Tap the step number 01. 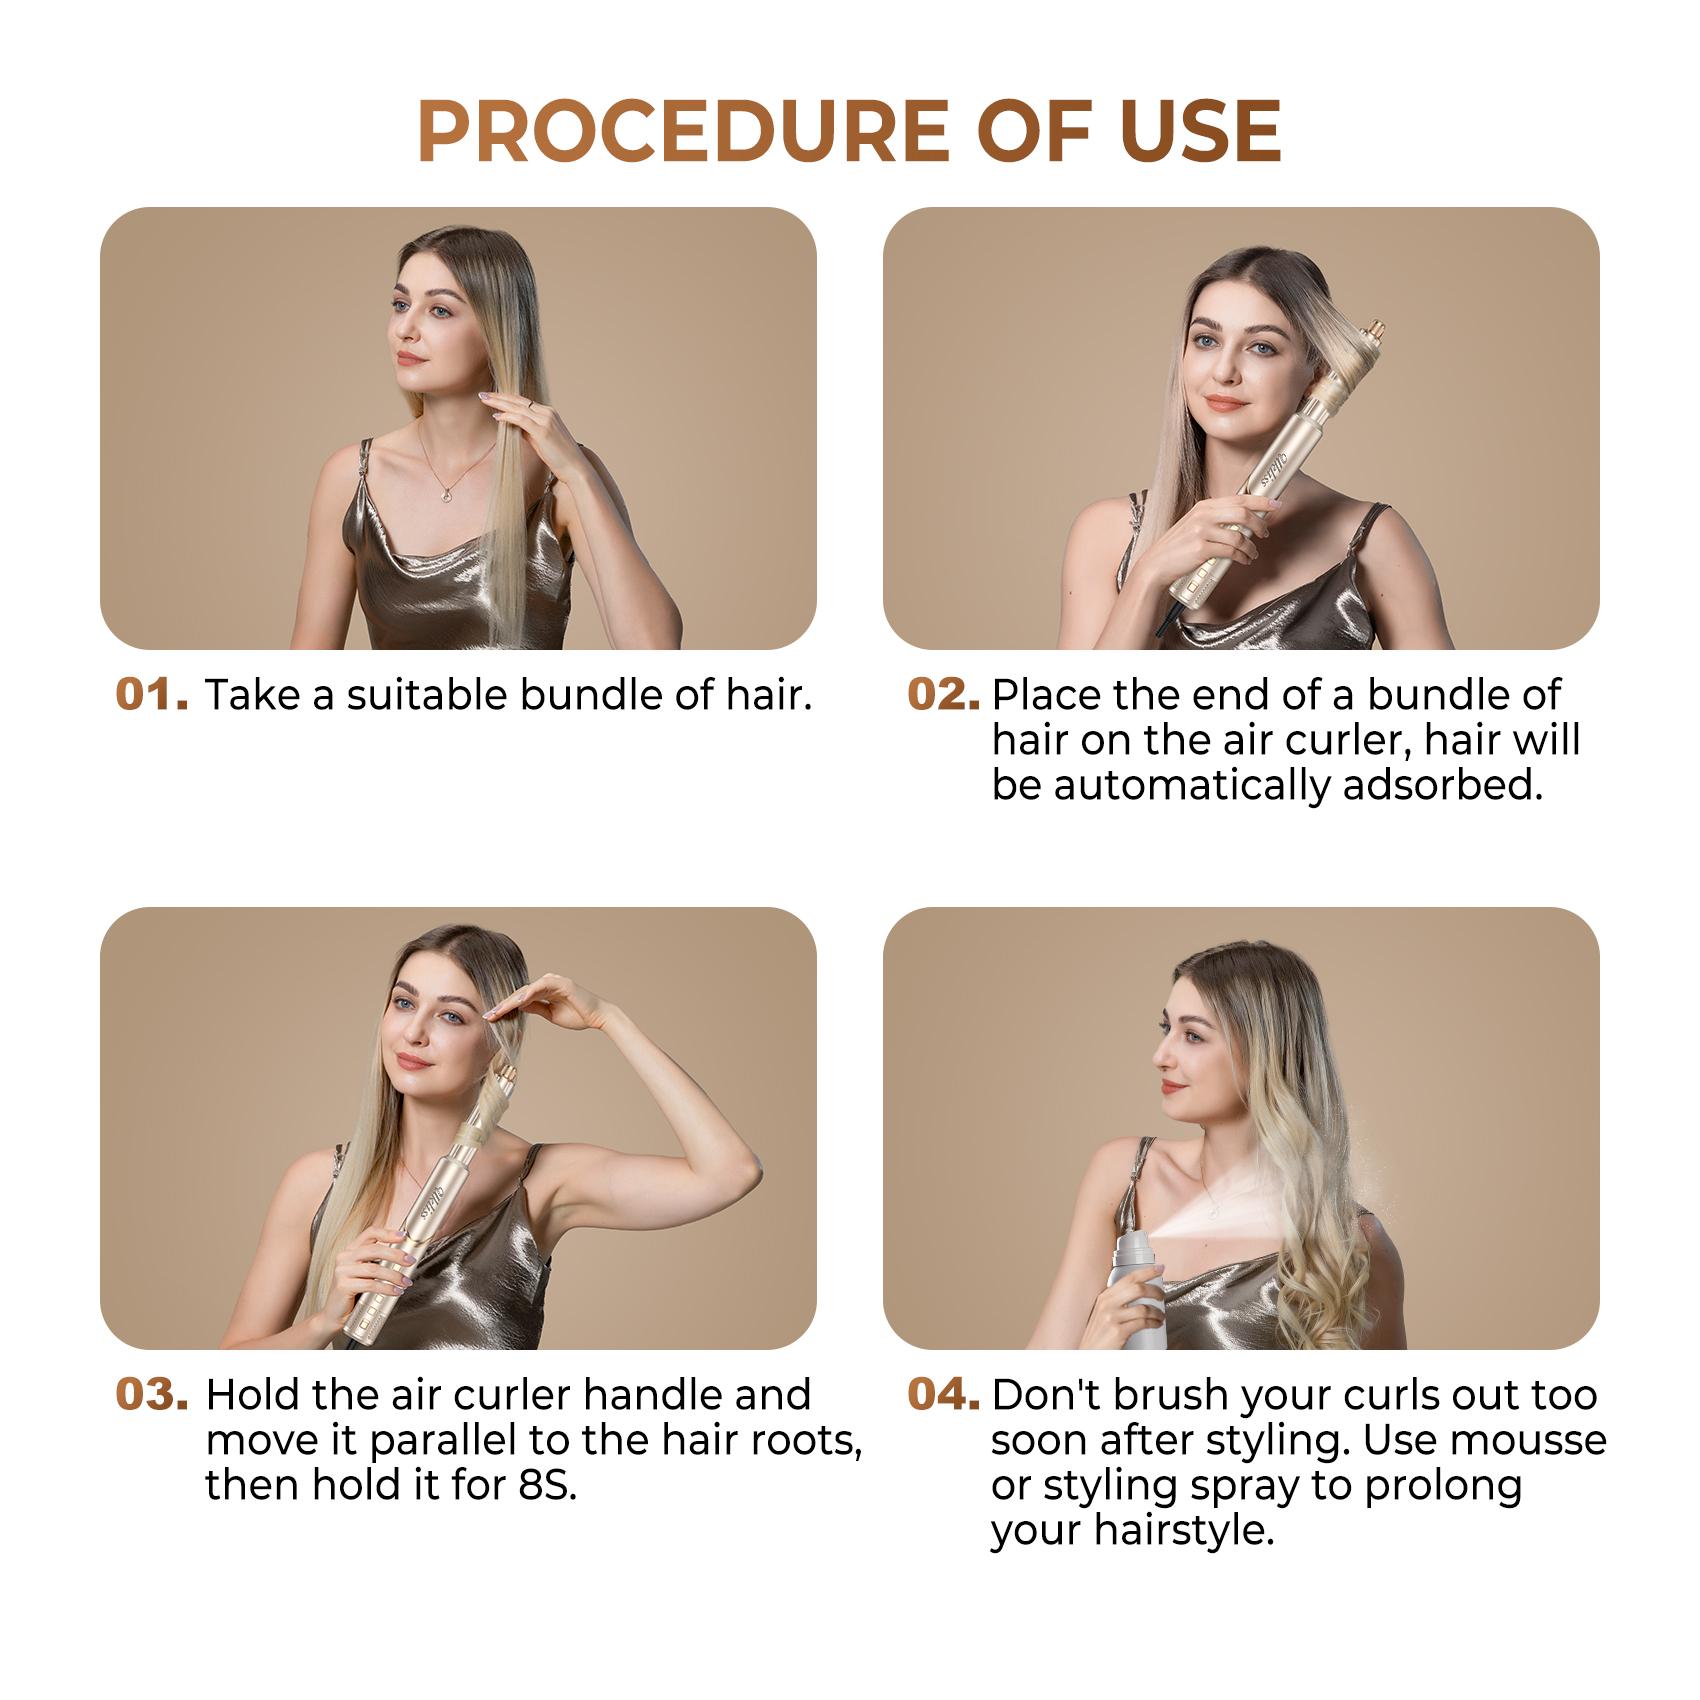tap(152, 694)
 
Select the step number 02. tap(943, 694)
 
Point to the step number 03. tap(152, 1394)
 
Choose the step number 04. tap(943, 1394)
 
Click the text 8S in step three tap(547, 1484)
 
